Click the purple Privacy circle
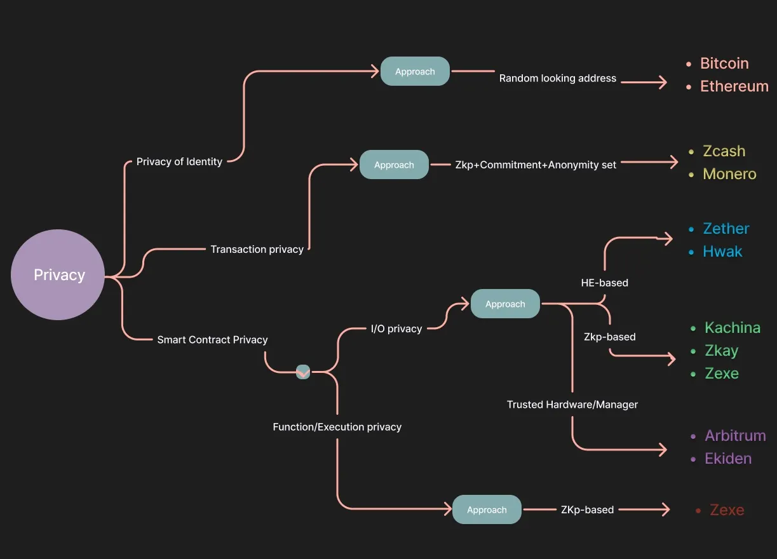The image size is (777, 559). [x=58, y=275]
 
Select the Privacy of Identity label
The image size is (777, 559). [x=179, y=162]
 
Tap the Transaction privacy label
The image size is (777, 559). [x=257, y=250]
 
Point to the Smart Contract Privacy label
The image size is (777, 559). [x=212, y=340]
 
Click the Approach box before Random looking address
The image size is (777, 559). [x=415, y=72]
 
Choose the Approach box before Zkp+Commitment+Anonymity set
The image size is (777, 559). [x=394, y=165]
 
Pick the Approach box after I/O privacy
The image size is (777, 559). [x=505, y=304]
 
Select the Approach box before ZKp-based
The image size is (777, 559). [x=487, y=510]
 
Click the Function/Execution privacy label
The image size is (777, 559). [x=337, y=427]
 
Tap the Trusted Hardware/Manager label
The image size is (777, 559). [x=572, y=405]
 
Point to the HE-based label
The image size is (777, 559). [x=604, y=283]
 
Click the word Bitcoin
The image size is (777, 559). [x=724, y=64]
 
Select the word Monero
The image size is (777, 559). [x=729, y=174]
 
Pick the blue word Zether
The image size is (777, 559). [x=726, y=229]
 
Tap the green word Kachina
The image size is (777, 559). [x=732, y=328]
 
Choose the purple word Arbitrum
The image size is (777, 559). [x=735, y=436]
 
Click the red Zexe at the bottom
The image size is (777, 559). [x=727, y=510]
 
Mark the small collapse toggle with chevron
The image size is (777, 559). [x=303, y=372]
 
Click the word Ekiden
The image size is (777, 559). [x=728, y=459]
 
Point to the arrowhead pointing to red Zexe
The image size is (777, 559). [x=666, y=509]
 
